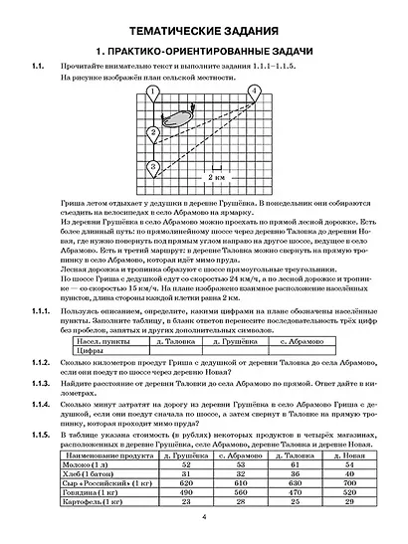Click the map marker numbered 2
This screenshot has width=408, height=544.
(x=153, y=131)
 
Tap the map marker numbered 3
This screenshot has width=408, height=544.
(x=152, y=165)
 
